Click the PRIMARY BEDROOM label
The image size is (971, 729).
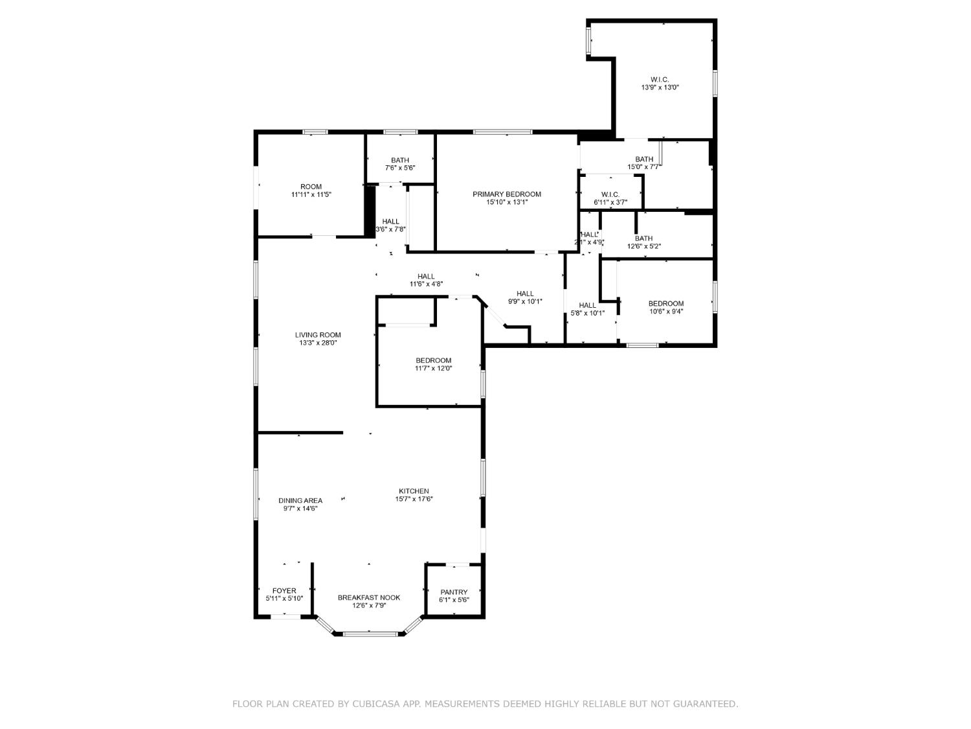click(506, 194)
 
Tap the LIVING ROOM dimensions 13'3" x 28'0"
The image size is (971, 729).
click(318, 343)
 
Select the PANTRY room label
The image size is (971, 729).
click(454, 592)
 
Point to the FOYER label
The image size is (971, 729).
click(284, 591)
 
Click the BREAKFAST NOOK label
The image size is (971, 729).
click(369, 597)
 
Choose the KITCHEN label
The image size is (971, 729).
click(414, 491)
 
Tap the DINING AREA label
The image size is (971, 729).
click(300, 500)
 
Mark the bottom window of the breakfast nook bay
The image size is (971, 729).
click(370, 634)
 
